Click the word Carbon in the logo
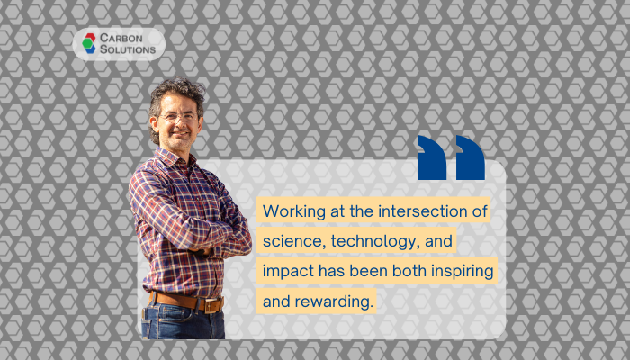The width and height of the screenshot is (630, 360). pos(121,38)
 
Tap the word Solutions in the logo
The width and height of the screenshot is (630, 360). pos(128,49)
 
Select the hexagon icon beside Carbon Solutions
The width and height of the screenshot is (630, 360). pos(89,43)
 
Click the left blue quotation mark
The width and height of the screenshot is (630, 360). pos(432,157)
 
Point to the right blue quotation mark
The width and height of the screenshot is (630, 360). pos(471,157)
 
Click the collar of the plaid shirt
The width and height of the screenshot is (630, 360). pos(173,157)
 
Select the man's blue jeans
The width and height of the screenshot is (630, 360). pos(183,322)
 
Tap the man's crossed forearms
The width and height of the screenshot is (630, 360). pos(217,244)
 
